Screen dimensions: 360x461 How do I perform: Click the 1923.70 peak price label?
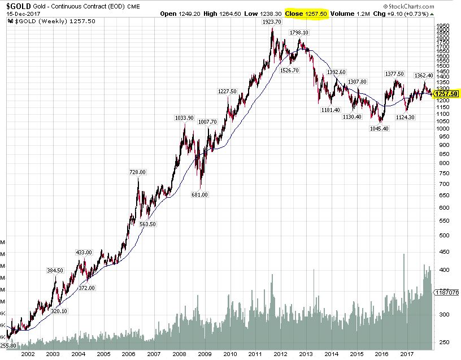pos(272,21)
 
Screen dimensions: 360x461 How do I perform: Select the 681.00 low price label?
pos(200,194)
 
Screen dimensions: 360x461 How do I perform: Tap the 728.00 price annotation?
pos(138,172)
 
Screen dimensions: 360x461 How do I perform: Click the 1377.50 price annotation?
pos(394,73)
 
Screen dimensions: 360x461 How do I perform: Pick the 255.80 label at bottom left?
pos(7,345)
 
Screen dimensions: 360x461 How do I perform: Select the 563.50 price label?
pos(147,224)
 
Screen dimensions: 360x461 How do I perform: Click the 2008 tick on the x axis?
pos(180,354)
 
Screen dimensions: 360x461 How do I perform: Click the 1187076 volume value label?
pos(447,292)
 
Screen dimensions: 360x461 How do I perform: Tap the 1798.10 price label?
pos(299,33)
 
